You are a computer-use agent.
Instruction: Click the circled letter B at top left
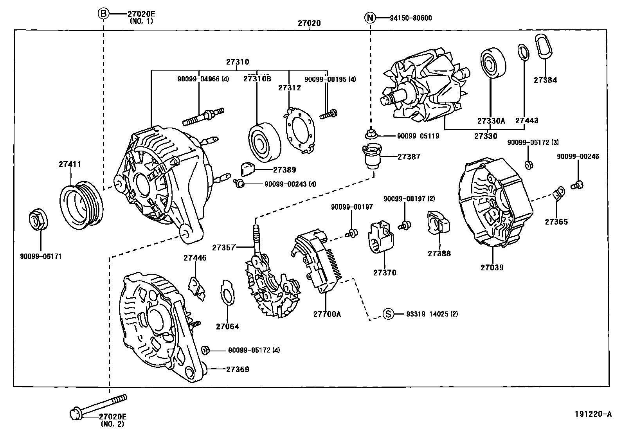[x=103, y=14]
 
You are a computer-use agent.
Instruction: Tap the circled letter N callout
[x=370, y=18]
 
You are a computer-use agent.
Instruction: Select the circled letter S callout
[x=387, y=314]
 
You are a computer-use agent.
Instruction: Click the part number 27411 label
[x=70, y=164]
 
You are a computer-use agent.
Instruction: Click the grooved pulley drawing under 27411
[x=82, y=203]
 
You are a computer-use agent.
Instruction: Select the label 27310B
[x=257, y=78]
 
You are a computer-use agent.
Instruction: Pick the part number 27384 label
[x=545, y=80]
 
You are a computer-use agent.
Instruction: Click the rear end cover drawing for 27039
[x=495, y=203]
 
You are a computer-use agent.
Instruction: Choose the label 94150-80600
[x=411, y=18]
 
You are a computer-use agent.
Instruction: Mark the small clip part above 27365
[x=558, y=193]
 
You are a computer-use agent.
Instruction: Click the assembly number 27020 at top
[x=309, y=23]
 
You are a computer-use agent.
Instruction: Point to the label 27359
[x=237, y=369]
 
